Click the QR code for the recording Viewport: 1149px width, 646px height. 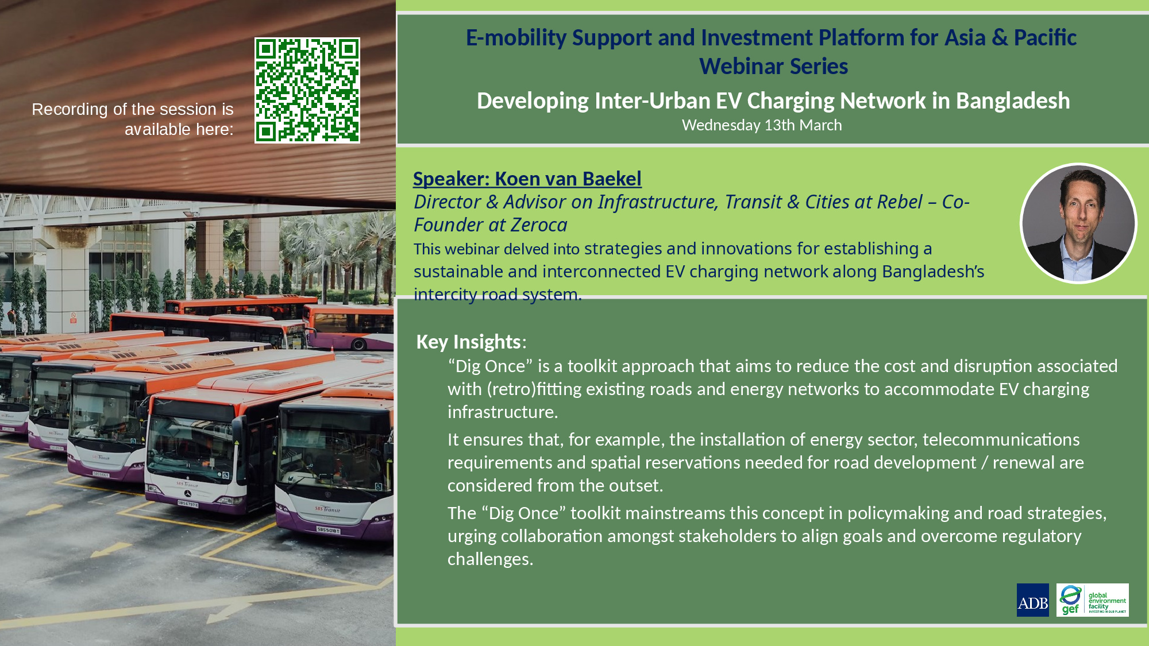[307, 90]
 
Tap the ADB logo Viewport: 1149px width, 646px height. [1032, 600]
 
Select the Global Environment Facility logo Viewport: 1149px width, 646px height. [1092, 600]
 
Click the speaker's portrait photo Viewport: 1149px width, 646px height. [1078, 223]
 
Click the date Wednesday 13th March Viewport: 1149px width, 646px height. [762, 125]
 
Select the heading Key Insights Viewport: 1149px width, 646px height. [468, 342]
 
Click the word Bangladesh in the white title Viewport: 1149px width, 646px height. [1013, 101]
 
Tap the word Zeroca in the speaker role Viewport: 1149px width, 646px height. [539, 225]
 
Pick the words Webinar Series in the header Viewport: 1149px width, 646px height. [773, 67]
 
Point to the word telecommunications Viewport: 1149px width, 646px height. [1001, 440]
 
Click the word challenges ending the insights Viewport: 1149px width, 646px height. [490, 560]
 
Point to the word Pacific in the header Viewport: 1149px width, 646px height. [1045, 38]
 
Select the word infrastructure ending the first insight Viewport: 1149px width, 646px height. [503, 412]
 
